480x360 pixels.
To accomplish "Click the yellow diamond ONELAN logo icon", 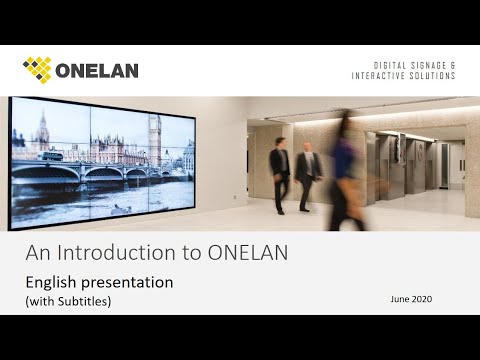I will click(x=37, y=70).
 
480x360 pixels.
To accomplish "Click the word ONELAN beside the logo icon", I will click(x=97, y=71).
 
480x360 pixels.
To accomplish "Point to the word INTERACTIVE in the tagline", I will click(x=381, y=77).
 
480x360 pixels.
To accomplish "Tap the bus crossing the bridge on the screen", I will click(x=53, y=156).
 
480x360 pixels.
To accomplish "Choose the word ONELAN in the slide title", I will click(x=245, y=254).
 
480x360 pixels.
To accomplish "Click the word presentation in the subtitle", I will click(x=129, y=283).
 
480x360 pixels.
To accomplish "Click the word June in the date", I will click(x=402, y=299).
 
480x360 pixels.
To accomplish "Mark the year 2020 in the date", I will click(x=426, y=299).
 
